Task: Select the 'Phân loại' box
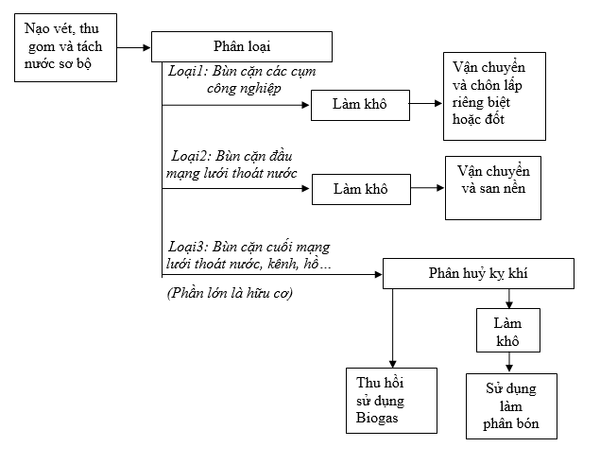click(242, 46)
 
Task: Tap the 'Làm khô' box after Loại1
click(360, 105)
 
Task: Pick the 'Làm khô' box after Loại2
click(360, 188)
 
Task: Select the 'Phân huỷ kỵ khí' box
click(478, 274)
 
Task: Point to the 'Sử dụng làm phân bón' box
click(510, 405)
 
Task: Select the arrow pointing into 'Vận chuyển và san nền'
click(429, 188)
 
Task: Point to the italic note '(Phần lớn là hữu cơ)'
click(231, 294)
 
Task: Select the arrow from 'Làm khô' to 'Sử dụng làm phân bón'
click(510, 362)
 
